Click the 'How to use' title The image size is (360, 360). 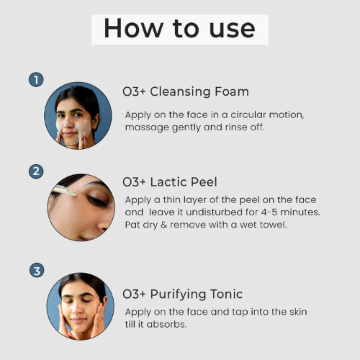(x=179, y=28)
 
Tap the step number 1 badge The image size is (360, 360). (x=35, y=79)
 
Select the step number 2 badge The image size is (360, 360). (x=35, y=171)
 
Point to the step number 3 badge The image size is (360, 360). (x=35, y=271)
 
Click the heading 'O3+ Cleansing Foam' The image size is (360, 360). (x=186, y=91)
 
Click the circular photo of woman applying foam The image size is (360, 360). (x=78, y=115)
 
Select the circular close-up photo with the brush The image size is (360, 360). (x=78, y=207)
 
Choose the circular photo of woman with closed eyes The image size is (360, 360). (x=78, y=306)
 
